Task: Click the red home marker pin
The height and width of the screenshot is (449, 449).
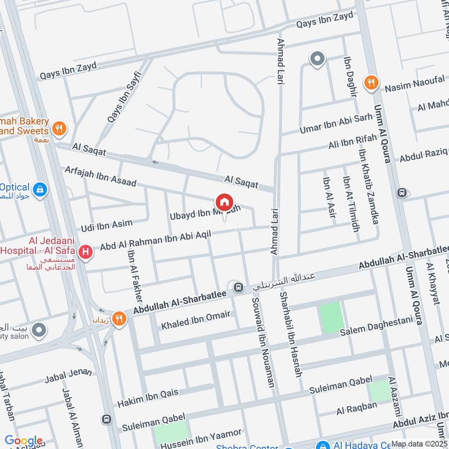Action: point(224,202)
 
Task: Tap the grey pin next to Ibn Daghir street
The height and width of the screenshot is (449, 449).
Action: point(317,58)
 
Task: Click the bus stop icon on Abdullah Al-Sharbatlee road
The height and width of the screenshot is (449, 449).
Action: point(238,287)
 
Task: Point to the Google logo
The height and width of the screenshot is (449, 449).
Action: point(24,441)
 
